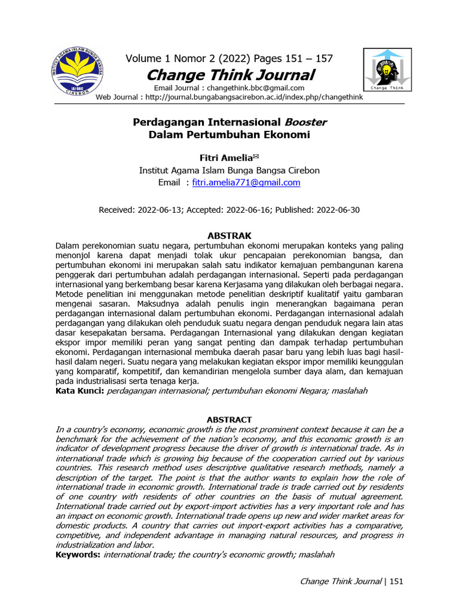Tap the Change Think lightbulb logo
coord(387,71)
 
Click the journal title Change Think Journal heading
coord(230,75)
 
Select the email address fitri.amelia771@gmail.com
coord(246,183)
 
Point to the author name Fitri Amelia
coord(227,158)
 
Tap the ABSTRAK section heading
coord(229,235)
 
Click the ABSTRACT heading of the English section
coord(229,420)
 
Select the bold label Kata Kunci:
coord(79,390)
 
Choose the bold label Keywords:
coord(78,555)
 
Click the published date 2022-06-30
coord(338,210)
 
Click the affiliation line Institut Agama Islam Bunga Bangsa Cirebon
coord(229,170)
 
